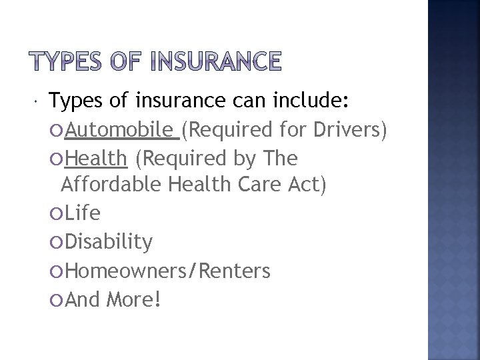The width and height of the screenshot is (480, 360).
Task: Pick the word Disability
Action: tap(109, 241)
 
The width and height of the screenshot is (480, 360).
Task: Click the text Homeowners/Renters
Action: tap(168, 270)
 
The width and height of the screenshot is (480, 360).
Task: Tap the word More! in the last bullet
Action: tap(133, 299)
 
